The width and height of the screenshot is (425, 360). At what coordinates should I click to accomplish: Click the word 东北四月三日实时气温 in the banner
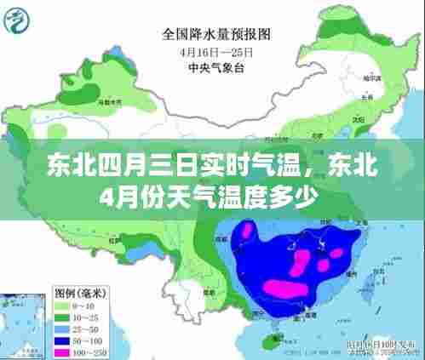click(x=120, y=163)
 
